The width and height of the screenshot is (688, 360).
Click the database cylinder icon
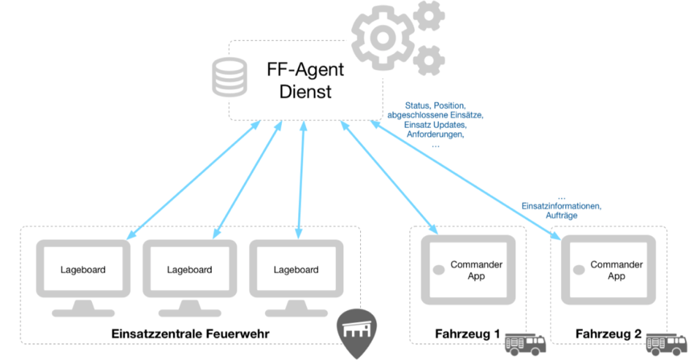[x=223, y=77]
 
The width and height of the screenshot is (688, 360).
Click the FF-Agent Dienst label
[x=305, y=81]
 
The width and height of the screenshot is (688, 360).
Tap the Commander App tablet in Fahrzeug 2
[x=608, y=270]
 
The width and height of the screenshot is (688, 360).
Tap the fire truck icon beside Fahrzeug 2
[x=666, y=340]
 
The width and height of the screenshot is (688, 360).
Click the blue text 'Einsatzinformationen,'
[x=561, y=207]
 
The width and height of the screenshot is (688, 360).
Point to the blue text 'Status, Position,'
[x=435, y=106]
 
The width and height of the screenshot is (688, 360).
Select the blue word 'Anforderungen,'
[x=435, y=134]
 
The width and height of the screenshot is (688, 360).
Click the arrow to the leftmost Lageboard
[x=194, y=180]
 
